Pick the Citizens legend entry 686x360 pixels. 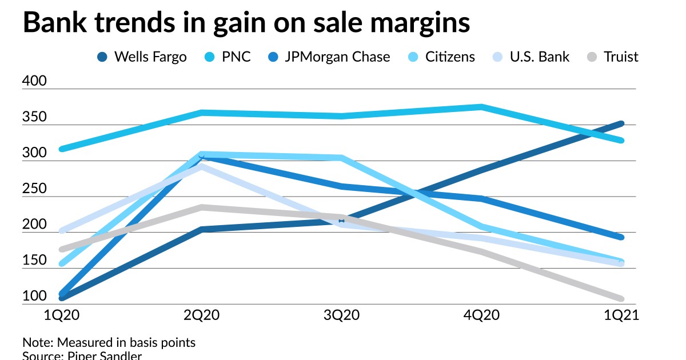pos(441,57)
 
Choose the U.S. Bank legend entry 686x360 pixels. pos(531,57)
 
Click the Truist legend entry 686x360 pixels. pos(613,57)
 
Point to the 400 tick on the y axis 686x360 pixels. pos(34,82)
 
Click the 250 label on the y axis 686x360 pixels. pos(34,189)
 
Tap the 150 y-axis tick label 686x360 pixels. pos(34,261)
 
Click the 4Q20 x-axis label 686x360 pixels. pos(481,316)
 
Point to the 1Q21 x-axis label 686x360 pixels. pos(620,316)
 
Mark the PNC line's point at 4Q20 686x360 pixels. pos(481,107)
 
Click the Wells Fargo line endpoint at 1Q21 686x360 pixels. pos(621,123)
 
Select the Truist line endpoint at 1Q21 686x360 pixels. pos(621,299)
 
